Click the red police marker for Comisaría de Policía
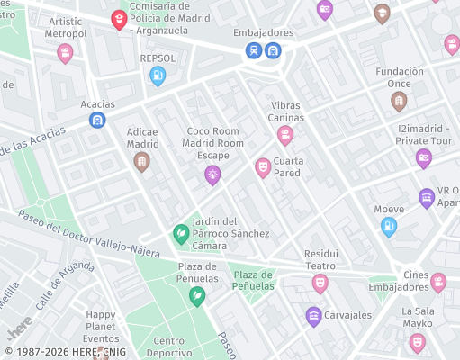[119, 19]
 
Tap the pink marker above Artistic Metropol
[65, 53]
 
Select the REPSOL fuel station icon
[158, 76]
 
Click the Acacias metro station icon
[97, 120]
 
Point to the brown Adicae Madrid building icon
[141, 162]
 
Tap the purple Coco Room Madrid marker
[213, 175]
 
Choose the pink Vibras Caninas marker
[285, 136]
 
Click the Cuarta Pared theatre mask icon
[263, 167]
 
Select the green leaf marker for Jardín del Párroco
[181, 234]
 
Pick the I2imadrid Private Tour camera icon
[424, 158]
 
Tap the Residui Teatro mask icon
[320, 283]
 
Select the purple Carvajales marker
[313, 315]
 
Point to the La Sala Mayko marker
[417, 342]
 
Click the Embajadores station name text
[263, 33]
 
